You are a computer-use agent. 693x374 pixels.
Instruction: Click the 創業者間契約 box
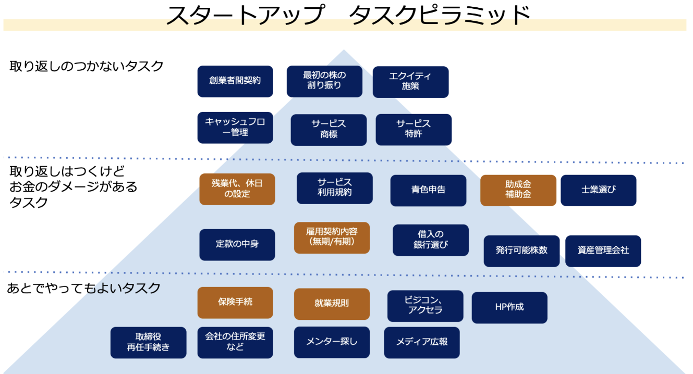235,81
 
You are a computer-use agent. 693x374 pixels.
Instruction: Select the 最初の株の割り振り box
324,81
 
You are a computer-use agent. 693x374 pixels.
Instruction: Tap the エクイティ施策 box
410,82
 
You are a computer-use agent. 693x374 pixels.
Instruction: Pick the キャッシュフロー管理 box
235,128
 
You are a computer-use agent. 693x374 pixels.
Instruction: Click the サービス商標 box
329,130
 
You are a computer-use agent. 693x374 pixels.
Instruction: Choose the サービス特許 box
414,130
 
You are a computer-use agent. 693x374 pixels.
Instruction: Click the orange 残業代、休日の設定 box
237,189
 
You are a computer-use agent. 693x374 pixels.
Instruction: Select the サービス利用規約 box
335,188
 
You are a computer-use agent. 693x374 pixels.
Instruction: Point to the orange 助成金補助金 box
518,190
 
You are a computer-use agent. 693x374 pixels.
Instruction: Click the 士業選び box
599,190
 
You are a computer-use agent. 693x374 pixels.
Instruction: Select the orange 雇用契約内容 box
332,238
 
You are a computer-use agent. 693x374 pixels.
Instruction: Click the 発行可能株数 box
521,251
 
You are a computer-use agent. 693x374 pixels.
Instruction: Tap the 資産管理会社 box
603,251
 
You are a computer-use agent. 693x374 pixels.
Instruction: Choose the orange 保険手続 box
235,303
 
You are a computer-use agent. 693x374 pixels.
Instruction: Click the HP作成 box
509,308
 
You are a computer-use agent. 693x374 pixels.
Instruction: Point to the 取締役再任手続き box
148,343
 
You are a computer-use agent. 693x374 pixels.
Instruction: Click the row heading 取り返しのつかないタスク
87,67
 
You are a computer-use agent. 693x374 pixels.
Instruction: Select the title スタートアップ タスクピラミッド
348,16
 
